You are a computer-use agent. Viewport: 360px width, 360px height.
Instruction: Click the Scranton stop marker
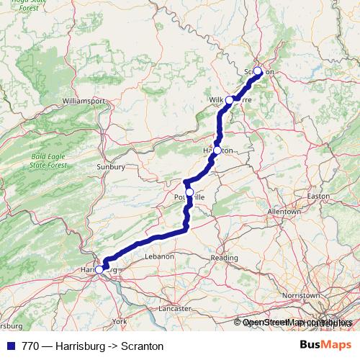[x=258, y=71]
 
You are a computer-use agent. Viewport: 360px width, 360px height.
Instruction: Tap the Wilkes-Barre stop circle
[x=230, y=99]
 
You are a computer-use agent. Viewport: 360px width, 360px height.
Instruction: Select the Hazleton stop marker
[x=217, y=150]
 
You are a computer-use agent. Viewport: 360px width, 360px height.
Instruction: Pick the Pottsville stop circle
[x=190, y=192]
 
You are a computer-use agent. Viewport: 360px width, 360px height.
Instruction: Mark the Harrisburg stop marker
[x=99, y=269]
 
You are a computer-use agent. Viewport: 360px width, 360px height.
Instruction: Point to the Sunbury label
[x=110, y=167]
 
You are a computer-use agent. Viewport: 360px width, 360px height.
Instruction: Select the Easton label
[x=318, y=195]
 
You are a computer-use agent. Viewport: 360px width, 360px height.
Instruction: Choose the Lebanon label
[x=160, y=256]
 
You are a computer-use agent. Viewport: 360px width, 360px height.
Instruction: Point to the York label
[x=120, y=320]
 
